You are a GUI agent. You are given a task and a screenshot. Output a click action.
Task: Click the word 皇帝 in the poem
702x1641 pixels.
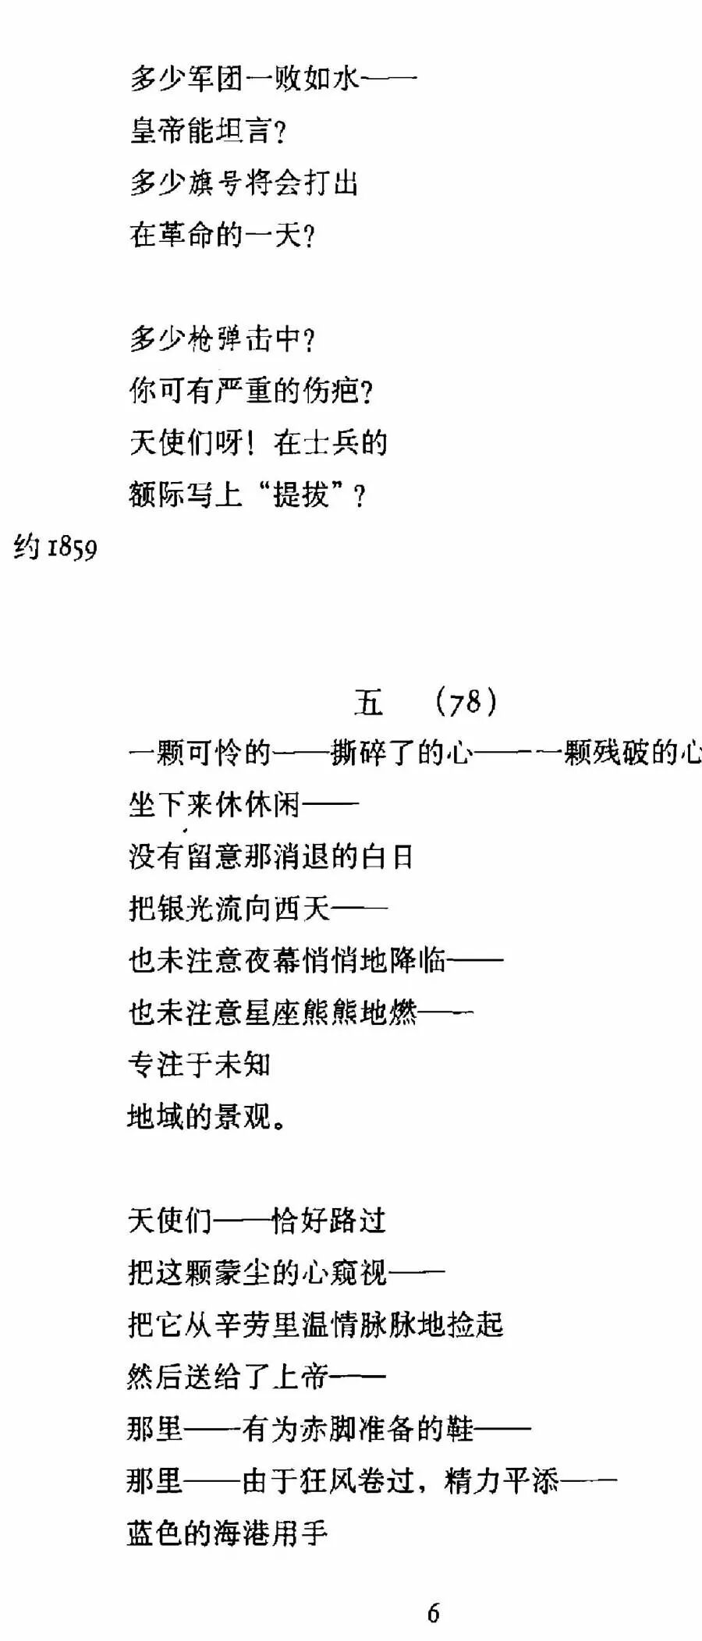158,130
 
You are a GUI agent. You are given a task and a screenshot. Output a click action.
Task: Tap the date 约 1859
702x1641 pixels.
55,548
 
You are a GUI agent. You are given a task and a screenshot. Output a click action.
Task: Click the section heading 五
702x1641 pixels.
368,702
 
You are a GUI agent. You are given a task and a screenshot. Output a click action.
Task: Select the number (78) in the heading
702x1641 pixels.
466,702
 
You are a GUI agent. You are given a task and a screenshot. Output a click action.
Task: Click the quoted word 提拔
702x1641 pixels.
301,494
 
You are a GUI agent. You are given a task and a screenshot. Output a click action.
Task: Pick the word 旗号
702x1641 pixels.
215,183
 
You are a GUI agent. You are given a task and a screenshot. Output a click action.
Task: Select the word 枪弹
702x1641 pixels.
215,338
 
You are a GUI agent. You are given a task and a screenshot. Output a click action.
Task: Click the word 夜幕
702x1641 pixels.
272,960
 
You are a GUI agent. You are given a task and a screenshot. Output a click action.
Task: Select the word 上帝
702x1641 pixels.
301,1377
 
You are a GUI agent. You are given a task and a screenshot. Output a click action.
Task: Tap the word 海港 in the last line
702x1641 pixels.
243,1533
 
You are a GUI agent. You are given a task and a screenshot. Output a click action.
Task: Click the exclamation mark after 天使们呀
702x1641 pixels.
250,442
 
